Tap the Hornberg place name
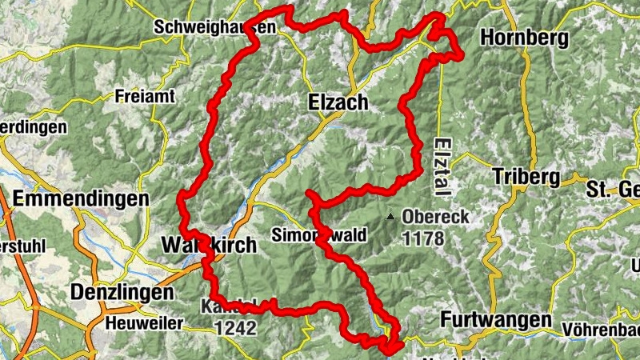524,38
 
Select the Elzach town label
338,102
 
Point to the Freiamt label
144,96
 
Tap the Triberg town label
524,176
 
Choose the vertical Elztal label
442,164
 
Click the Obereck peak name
436,217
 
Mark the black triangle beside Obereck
390,217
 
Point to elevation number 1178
424,238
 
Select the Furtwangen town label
496,320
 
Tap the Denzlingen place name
122,293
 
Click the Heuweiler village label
145,324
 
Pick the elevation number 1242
235,327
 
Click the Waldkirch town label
210,246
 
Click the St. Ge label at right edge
613,190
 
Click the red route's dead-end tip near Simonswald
308,194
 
